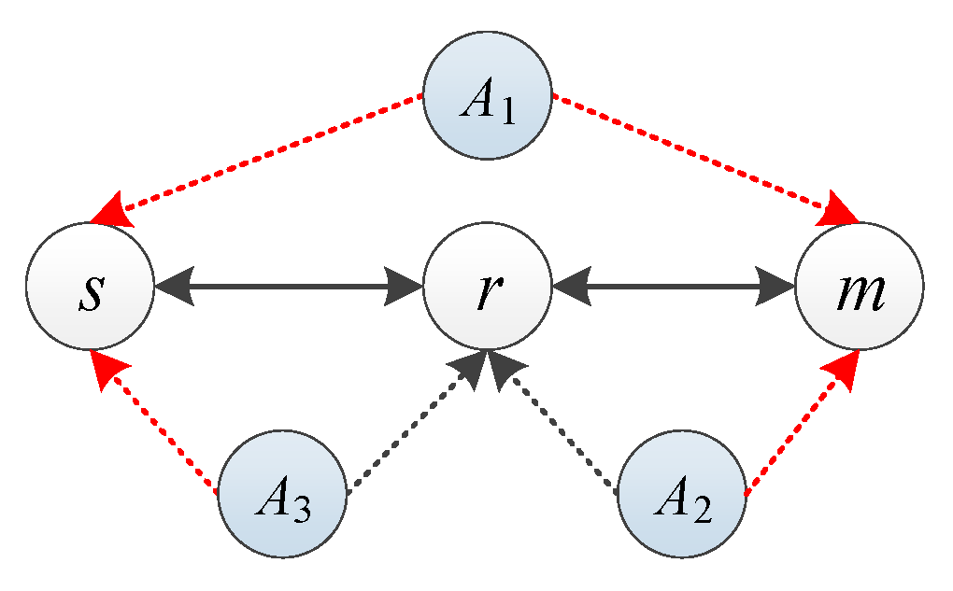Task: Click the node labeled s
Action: pos(90,285)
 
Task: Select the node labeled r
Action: pos(487,285)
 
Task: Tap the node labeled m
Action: pos(859,285)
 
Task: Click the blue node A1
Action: pos(487,102)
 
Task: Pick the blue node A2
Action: pos(682,494)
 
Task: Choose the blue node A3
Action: pos(282,494)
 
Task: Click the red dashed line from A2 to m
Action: pos(799,425)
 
